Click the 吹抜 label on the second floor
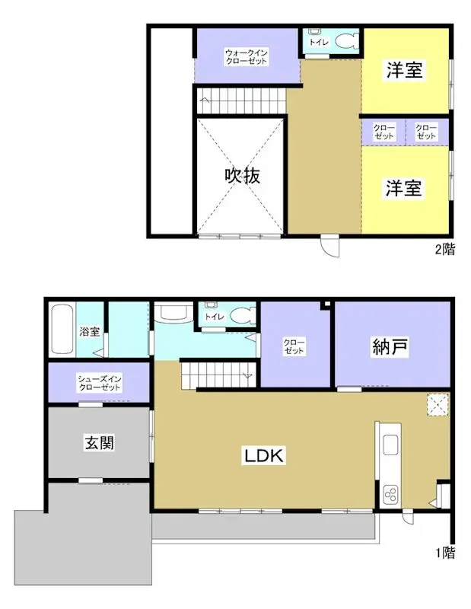[x=242, y=176]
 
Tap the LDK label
[x=263, y=456]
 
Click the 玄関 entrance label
[x=99, y=443]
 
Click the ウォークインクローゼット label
[x=245, y=56]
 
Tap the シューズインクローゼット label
[x=100, y=382]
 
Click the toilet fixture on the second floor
[x=345, y=41]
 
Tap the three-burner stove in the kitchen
[x=391, y=495]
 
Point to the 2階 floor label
[x=446, y=249]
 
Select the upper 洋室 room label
[x=403, y=71]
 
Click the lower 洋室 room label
[x=403, y=188]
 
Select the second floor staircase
[x=241, y=98]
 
